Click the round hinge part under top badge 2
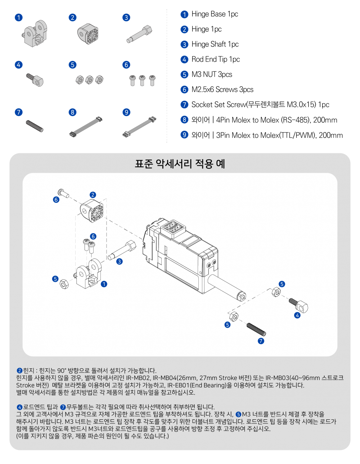(x=88, y=34)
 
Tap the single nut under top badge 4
(x=37, y=81)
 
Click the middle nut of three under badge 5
(x=89, y=80)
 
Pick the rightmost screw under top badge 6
(x=152, y=80)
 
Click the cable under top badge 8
(x=86, y=127)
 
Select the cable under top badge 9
(x=140, y=127)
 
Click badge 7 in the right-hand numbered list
(x=184, y=105)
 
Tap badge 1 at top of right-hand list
(x=184, y=15)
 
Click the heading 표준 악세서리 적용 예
(x=180, y=164)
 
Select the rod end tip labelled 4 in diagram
(x=299, y=305)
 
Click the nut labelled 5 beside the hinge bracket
(x=64, y=284)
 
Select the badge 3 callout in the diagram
(x=120, y=261)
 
